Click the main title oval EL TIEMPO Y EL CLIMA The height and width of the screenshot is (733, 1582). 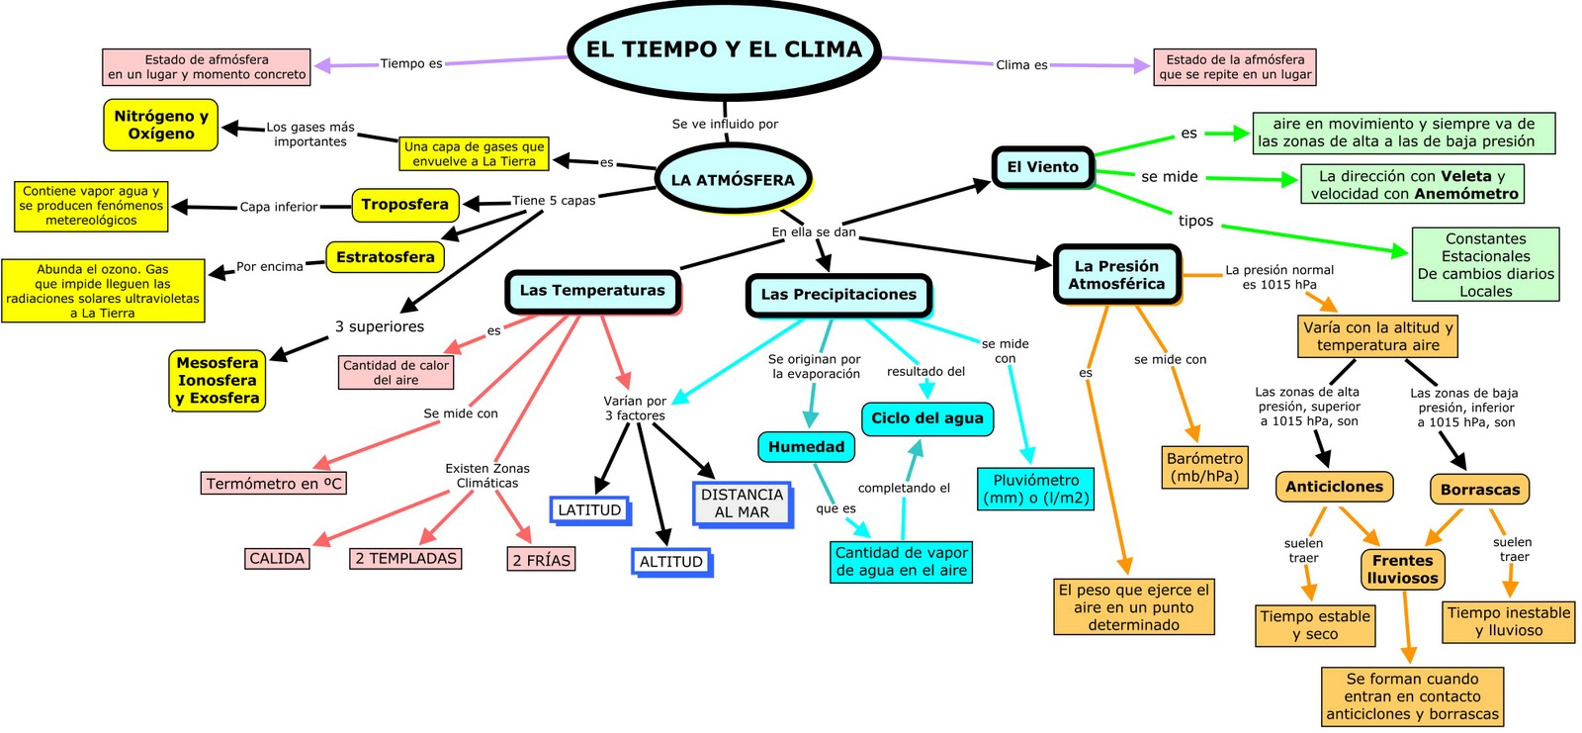tap(724, 49)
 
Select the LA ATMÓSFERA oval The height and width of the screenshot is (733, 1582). tap(733, 180)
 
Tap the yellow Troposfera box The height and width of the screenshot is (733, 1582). tap(405, 205)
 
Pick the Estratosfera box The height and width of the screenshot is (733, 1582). tap(385, 257)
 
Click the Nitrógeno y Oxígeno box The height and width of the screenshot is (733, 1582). tap(161, 125)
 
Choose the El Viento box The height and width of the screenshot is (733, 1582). tap(1042, 167)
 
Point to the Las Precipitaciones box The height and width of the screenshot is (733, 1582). tap(838, 295)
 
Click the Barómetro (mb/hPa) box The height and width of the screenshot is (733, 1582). tap(1204, 467)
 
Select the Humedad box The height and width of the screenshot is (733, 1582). tap(806, 447)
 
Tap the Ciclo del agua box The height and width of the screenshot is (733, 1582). tap(926, 418)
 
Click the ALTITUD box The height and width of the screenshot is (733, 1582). tap(670, 562)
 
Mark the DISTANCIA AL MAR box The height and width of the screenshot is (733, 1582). tap(742, 504)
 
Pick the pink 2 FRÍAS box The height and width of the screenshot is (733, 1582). tap(541, 560)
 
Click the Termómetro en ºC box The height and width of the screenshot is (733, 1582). tap(274, 484)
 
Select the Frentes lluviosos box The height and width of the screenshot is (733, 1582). tap(1402, 570)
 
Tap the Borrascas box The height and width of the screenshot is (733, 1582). tap(1479, 490)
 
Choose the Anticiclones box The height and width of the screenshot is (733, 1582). tap(1334, 487)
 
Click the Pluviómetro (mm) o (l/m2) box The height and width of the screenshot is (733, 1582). tap(1036, 489)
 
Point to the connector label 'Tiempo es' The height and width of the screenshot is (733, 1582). tap(411, 63)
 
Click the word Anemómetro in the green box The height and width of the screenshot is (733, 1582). tap(1466, 194)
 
